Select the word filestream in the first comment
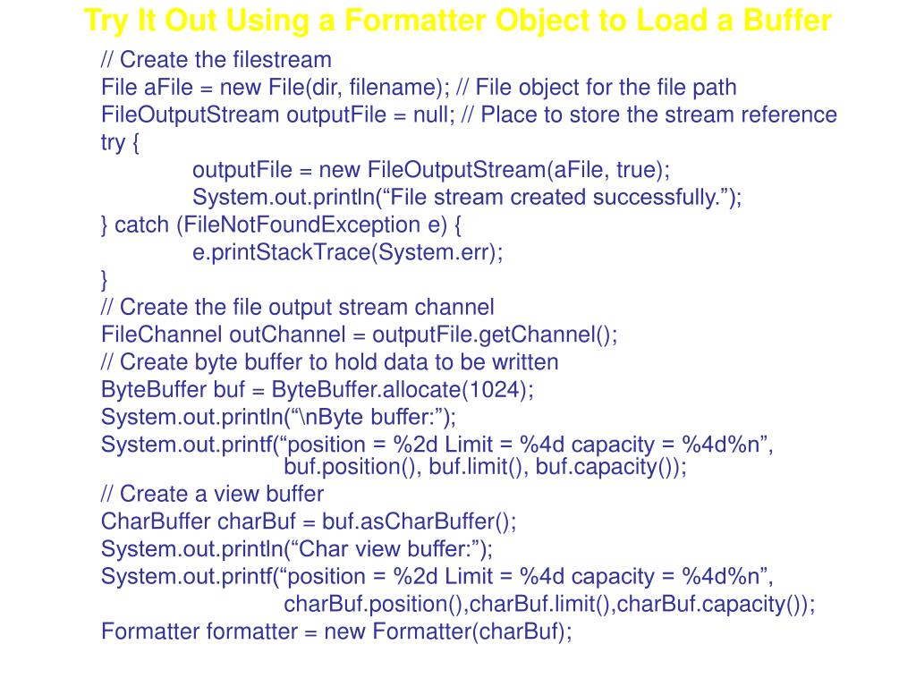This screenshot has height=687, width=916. click(x=282, y=60)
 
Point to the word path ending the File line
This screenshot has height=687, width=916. click(x=713, y=88)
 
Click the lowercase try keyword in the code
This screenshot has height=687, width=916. click(x=114, y=143)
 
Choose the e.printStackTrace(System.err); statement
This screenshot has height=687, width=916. click(x=348, y=252)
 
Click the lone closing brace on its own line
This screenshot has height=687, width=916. click(x=105, y=280)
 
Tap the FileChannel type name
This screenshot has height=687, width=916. click(x=162, y=335)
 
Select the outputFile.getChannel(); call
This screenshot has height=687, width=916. click(x=495, y=335)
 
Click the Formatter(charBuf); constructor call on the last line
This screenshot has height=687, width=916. click(x=472, y=632)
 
